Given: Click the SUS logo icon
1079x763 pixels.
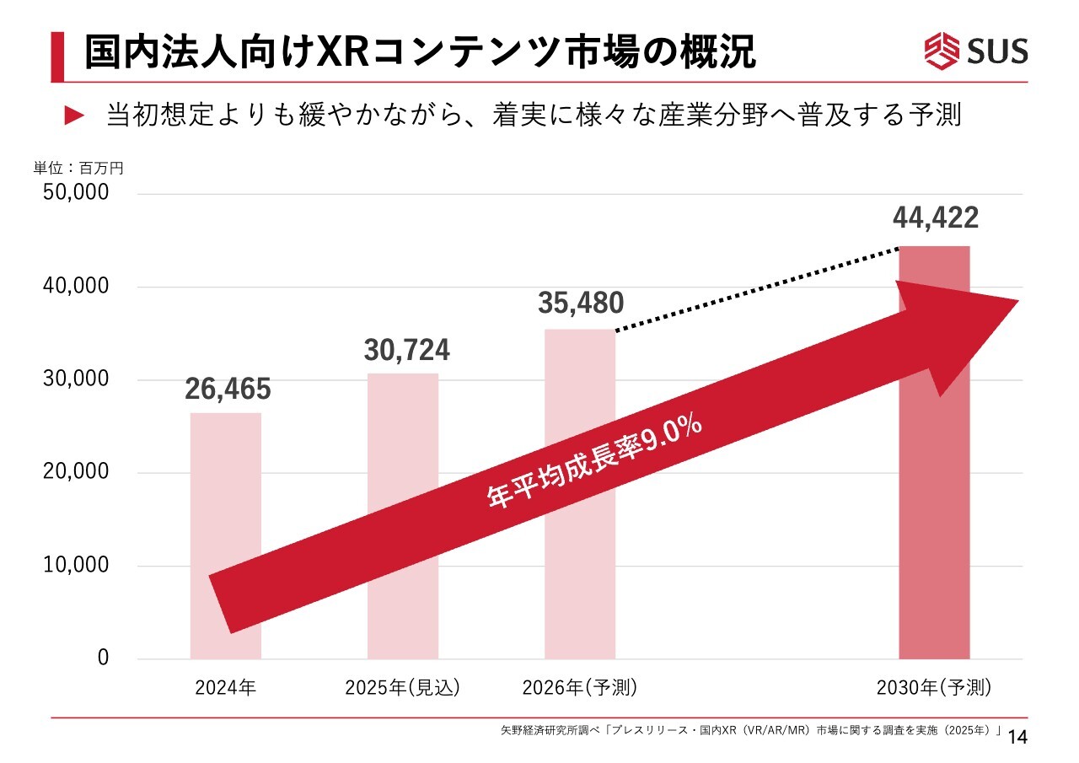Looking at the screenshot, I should pos(942,51).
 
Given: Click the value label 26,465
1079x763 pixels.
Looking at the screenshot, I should pos(228,390).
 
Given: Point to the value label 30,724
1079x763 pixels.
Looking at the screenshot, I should pos(407,350).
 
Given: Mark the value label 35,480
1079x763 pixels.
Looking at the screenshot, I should pos(581,304).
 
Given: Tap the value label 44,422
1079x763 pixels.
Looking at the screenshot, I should pos(936,218).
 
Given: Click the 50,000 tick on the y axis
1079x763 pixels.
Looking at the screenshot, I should pos(76,193).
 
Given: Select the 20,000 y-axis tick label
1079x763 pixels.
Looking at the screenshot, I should pos(76,472).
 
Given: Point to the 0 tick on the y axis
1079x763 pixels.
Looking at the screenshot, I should pos(104,658).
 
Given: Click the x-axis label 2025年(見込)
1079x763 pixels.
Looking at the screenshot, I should pos(403,688).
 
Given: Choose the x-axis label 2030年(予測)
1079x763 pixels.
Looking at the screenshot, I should pos(934,688).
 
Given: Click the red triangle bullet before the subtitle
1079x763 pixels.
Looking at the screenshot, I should pos(76,116).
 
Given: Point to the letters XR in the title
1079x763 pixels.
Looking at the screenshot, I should pos(341,52).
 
